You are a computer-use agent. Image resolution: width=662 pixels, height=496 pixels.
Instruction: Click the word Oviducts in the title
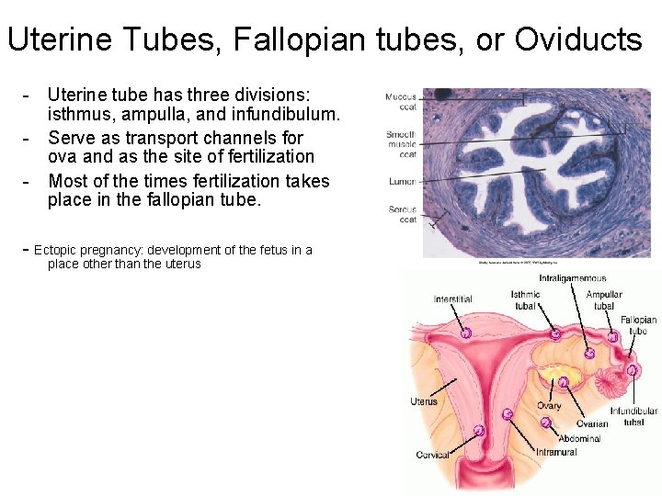[578, 39]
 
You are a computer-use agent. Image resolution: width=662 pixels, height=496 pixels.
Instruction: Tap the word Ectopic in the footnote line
[63, 250]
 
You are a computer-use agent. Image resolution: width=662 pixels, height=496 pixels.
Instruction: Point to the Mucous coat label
[401, 101]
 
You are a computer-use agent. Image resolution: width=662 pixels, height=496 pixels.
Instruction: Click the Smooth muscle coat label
[401, 144]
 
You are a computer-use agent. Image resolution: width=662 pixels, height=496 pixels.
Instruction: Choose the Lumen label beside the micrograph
[402, 182]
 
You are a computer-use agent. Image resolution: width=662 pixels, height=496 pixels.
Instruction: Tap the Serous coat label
[402, 214]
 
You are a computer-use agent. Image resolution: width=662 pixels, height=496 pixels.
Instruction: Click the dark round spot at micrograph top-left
[441, 93]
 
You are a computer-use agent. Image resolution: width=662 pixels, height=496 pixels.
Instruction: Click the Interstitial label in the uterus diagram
[452, 299]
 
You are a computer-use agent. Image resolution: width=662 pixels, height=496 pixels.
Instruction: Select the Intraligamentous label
[573, 278]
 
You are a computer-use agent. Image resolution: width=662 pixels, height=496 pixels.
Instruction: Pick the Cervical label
[432, 455]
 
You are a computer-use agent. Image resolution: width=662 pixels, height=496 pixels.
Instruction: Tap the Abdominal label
[579, 438]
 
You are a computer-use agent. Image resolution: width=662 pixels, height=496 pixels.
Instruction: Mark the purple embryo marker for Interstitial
[466, 333]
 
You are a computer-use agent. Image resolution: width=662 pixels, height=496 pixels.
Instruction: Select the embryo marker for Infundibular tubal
[633, 370]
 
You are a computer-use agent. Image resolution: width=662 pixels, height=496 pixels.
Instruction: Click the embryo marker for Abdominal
[545, 423]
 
